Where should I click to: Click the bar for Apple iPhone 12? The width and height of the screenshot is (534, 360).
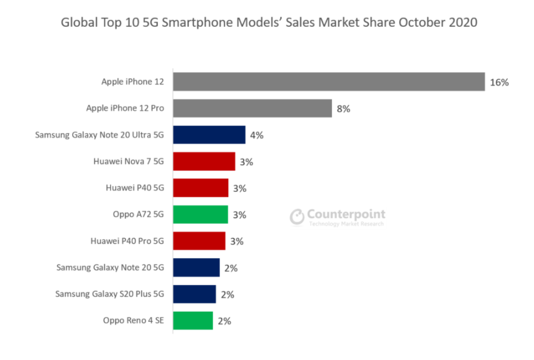coord(328,82)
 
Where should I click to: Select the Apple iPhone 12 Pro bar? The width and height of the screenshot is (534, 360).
coord(252,108)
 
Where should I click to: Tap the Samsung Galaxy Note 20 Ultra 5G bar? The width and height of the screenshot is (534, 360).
coord(209,135)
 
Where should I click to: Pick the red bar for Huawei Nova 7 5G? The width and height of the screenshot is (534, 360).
coord(204,162)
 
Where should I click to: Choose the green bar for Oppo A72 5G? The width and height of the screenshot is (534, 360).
coord(200,215)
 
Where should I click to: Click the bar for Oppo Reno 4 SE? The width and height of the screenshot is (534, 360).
coord(193,321)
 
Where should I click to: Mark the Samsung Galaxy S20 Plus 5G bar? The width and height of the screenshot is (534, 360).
coord(194,294)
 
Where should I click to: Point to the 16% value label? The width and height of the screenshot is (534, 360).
coord(499,82)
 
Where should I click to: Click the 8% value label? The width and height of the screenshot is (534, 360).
coord(343,109)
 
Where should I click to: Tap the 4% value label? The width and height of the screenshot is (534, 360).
coord(257,135)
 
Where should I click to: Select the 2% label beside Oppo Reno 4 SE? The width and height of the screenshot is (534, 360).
coord(224,321)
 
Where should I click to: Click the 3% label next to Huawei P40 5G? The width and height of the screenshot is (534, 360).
coord(240,188)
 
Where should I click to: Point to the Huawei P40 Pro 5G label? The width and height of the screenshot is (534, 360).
coord(127,241)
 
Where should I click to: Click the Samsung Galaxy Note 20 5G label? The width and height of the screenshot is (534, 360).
coord(110,268)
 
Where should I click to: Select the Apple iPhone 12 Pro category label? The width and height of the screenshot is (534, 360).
coord(125,108)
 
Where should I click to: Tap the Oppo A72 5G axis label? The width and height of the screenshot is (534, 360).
coord(138,215)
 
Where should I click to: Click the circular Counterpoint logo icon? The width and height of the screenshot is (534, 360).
coord(297,217)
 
